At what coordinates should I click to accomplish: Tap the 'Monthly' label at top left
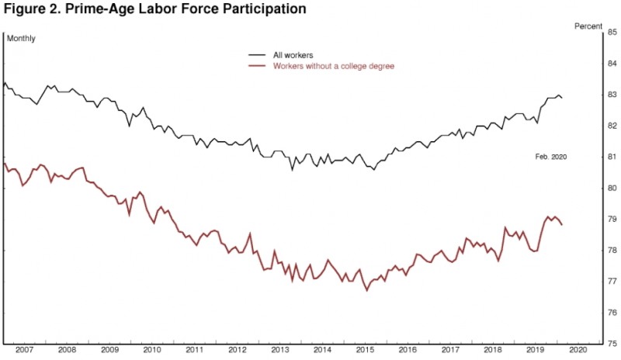(x=22, y=38)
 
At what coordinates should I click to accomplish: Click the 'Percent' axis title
(x=588, y=26)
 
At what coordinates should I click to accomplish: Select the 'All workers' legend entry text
(x=293, y=55)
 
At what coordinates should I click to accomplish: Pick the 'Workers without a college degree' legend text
(x=334, y=67)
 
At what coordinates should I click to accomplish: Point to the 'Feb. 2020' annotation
(x=551, y=157)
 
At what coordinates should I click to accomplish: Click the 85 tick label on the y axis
(x=612, y=33)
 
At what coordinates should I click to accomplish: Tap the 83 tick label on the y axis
(x=612, y=95)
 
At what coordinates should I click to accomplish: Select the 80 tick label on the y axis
(x=612, y=188)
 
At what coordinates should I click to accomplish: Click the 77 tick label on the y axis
(x=612, y=282)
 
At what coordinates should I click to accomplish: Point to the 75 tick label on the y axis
(x=612, y=344)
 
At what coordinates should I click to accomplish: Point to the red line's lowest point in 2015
(x=366, y=290)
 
